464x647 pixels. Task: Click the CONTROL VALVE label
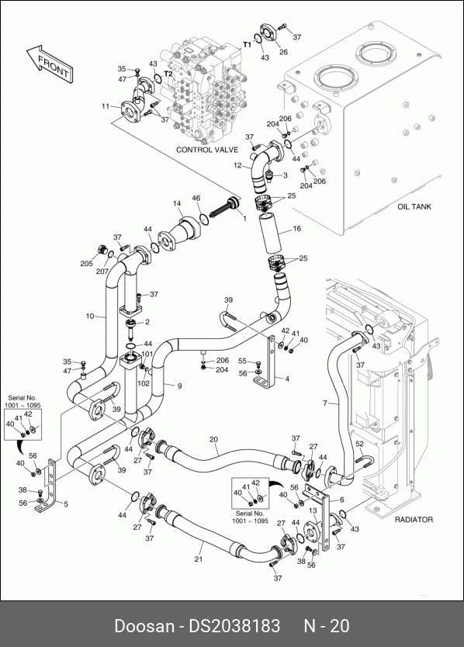coord(207,150)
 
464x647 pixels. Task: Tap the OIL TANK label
coord(414,206)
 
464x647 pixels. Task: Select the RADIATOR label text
coord(414,520)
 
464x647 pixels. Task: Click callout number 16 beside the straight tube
coord(297,228)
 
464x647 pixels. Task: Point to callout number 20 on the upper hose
coord(213,439)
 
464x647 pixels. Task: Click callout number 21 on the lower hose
coord(199,559)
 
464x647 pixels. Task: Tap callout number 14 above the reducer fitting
coord(177,203)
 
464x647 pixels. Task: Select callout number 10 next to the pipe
coord(90,316)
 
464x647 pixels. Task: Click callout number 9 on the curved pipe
coord(179,386)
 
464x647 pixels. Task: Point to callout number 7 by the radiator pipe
coord(325,403)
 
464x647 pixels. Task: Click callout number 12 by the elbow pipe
coord(237,165)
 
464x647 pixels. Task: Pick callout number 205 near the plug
coord(87,263)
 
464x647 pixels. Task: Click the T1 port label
coord(247,44)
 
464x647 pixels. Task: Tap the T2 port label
coord(168,74)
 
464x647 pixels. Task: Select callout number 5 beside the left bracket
coord(66,503)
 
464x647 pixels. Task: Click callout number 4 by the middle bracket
coord(287,379)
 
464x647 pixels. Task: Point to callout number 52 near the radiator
coord(359,444)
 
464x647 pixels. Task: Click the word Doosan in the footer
coord(144,626)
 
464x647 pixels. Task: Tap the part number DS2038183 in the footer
coord(234,626)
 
